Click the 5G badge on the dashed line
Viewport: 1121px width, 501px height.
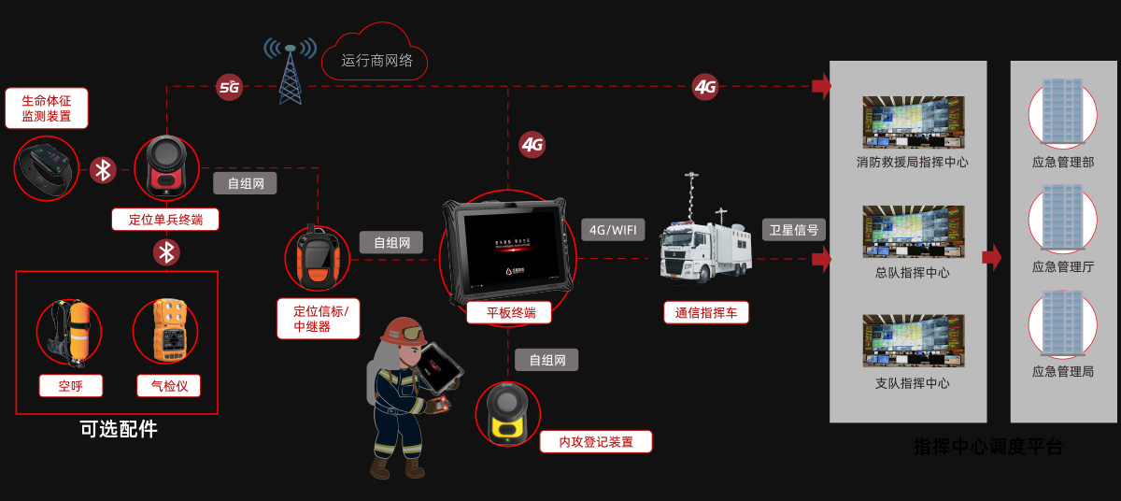tap(229, 88)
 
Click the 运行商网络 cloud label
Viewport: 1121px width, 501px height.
tap(376, 61)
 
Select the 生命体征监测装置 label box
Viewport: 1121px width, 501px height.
tap(47, 108)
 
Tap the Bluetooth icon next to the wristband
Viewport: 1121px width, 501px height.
tap(103, 170)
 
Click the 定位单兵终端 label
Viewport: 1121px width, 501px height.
tap(165, 220)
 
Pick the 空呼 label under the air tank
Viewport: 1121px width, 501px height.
tap(71, 385)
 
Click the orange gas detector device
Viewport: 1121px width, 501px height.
tap(165, 331)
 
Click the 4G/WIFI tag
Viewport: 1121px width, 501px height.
tap(613, 230)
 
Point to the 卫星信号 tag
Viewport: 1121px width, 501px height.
tap(793, 230)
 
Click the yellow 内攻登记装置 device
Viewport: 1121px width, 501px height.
tap(507, 414)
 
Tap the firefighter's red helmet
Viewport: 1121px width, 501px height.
tap(404, 331)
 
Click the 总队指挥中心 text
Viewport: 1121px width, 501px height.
tap(912, 273)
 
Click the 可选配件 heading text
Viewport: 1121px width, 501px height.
tap(119, 429)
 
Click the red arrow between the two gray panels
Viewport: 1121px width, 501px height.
tap(992, 257)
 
